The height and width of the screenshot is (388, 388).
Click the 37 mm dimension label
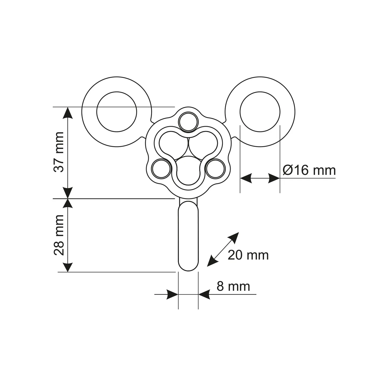click(x=59, y=152)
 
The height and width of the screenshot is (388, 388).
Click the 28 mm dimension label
click(x=59, y=235)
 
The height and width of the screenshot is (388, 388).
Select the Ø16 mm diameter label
click(x=309, y=170)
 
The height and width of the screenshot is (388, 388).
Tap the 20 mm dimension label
click(x=248, y=255)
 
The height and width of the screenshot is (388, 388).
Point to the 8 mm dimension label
click(x=233, y=286)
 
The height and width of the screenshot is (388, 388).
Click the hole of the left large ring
click(x=117, y=112)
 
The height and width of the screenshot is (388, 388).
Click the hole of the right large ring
click(x=260, y=112)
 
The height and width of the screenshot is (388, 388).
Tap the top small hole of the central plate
click(x=189, y=122)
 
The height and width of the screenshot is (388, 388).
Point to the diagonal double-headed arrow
click(x=223, y=250)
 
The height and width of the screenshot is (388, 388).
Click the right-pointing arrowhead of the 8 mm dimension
click(x=172, y=295)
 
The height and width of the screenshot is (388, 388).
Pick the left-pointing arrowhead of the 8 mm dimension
click(x=204, y=295)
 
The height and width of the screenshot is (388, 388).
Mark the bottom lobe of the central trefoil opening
click(x=188, y=170)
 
